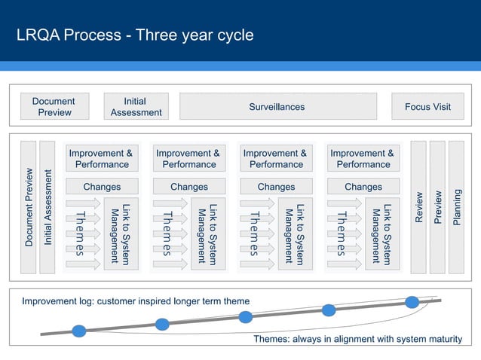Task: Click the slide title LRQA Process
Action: pos(135,35)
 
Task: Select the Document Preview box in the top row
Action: pos(54,106)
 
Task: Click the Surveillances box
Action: pos(277,106)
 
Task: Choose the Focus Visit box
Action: pos(427,106)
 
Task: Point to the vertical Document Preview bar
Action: pos(29,206)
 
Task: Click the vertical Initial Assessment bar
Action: pos(47,206)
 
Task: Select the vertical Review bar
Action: pos(418,206)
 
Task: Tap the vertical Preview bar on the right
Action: pos(437,206)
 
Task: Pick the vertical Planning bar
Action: pos(456,206)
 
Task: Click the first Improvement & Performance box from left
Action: pos(101,158)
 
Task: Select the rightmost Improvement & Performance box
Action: pos(363,158)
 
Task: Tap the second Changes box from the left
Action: pos(188,187)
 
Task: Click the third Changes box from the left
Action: pos(276,187)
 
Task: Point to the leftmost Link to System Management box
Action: pos(121,233)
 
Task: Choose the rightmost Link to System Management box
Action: pos(382,233)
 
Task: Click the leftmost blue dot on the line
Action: pos(78,330)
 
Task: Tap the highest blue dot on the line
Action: pos(412,302)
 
